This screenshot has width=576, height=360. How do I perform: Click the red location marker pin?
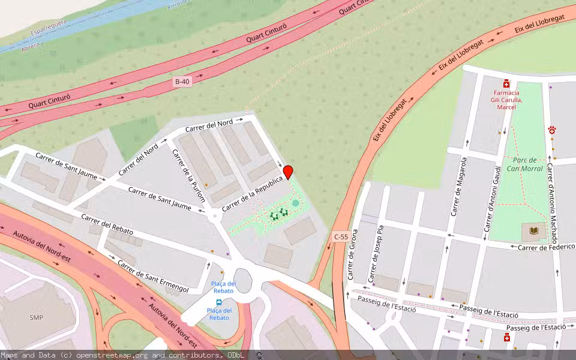pyautogui.click(x=288, y=172)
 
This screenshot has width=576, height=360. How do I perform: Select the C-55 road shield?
pyautogui.click(x=340, y=237)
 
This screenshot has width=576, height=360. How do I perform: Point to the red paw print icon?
pyautogui.click(x=551, y=130)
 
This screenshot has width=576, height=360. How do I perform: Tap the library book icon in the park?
pyautogui.click(x=533, y=230)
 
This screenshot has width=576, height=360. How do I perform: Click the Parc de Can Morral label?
pyautogui.click(x=524, y=164)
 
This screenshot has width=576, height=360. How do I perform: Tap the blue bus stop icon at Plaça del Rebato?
pyautogui.click(x=218, y=302)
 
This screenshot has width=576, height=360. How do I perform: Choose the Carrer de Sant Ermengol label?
pyautogui.click(x=152, y=276)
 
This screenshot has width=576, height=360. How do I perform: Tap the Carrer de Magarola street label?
pyautogui.click(x=459, y=185)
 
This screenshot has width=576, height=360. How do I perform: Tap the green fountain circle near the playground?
pyautogui.click(x=295, y=203)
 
